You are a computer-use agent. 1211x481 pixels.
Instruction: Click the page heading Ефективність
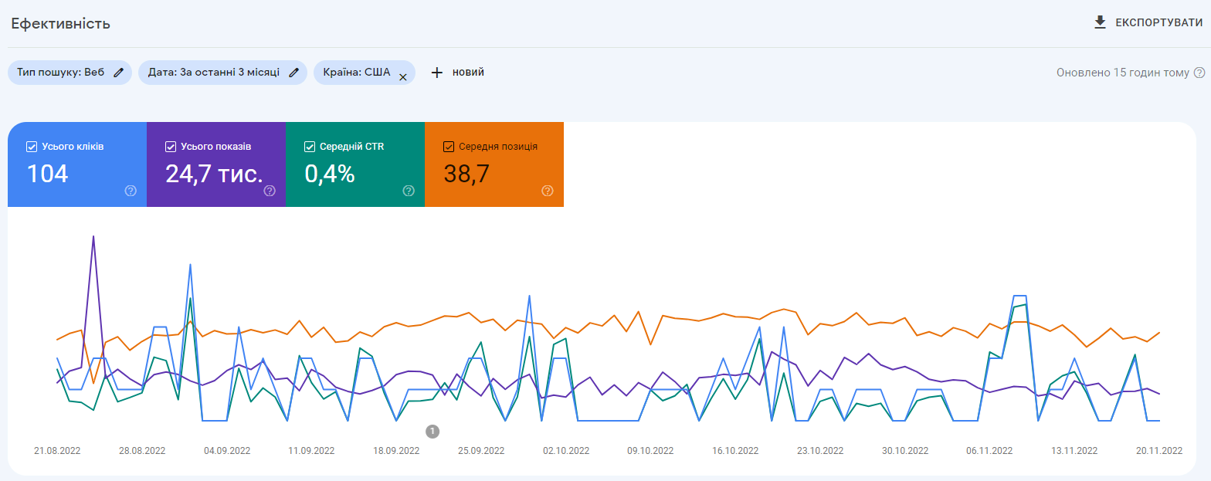pyautogui.click(x=60, y=24)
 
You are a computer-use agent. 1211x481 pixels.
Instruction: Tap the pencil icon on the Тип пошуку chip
pyautogui.click(x=118, y=73)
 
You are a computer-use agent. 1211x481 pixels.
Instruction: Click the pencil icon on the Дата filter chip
pyautogui.click(x=293, y=73)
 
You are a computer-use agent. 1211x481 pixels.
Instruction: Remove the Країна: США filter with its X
pyautogui.click(x=402, y=76)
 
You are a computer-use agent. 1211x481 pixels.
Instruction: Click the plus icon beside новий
pyautogui.click(x=437, y=73)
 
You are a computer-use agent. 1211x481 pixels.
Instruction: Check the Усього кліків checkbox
pyautogui.click(x=32, y=146)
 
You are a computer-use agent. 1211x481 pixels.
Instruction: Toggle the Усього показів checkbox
pyautogui.click(x=171, y=146)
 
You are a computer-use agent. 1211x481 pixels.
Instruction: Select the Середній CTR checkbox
pyautogui.click(x=310, y=146)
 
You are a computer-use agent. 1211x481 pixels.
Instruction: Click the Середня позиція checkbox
pyautogui.click(x=449, y=146)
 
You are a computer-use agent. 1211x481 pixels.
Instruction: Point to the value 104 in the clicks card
pyautogui.click(x=48, y=174)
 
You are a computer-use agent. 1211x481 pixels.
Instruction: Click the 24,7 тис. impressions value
pyautogui.click(x=214, y=174)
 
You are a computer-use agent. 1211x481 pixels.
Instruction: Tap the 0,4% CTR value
pyautogui.click(x=330, y=174)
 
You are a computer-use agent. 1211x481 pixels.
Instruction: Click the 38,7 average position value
pyautogui.click(x=466, y=174)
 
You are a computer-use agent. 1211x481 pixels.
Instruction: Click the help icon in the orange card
pyautogui.click(x=548, y=191)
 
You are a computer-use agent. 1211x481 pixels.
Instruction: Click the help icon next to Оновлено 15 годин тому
pyautogui.click(x=1199, y=73)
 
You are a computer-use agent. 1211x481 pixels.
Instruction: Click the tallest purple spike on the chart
pyautogui.click(x=93, y=238)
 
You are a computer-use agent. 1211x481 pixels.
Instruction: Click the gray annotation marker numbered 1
pyautogui.click(x=432, y=431)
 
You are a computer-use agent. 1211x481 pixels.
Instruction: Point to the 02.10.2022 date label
pyautogui.click(x=566, y=451)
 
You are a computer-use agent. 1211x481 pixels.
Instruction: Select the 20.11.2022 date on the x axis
pyautogui.click(x=1158, y=451)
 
